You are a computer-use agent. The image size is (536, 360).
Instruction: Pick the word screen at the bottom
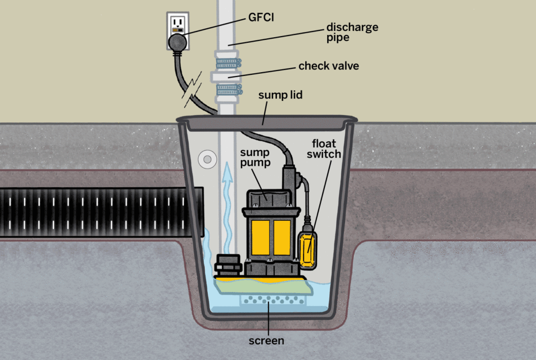tap(267, 341)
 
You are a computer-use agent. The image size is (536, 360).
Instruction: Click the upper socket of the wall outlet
tap(178, 22)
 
